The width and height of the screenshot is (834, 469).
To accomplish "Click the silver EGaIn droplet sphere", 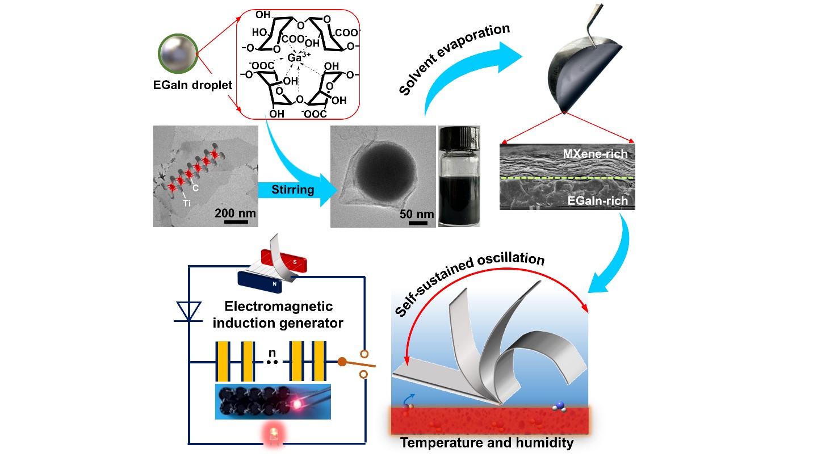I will (178, 54).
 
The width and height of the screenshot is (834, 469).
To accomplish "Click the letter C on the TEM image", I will (195, 188).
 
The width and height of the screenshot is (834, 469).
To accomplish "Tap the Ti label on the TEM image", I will (186, 203).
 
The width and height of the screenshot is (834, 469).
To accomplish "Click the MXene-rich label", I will (595, 154).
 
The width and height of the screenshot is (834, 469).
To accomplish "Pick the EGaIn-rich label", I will (597, 200).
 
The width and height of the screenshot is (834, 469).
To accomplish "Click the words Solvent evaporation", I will (454, 59).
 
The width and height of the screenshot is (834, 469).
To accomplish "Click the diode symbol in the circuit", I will (188, 312).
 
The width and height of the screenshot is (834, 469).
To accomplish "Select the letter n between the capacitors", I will (272, 353).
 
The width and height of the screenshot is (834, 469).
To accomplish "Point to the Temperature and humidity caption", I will (487, 443).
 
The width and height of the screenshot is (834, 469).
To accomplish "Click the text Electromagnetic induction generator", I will (278, 315).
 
